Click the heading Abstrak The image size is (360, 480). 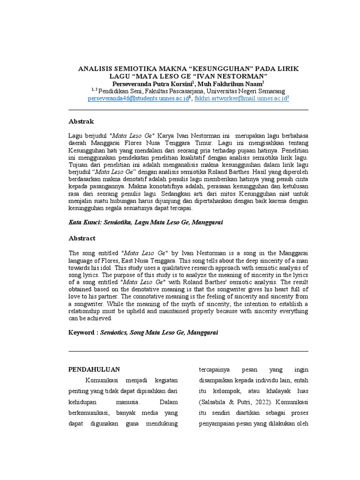pyautogui.click(x=81, y=121)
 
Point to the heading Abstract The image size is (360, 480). pyautogui.click(x=82, y=238)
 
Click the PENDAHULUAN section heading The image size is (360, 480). pyautogui.click(x=94, y=369)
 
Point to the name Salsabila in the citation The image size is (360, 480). pyautogui.click(x=214, y=402)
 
